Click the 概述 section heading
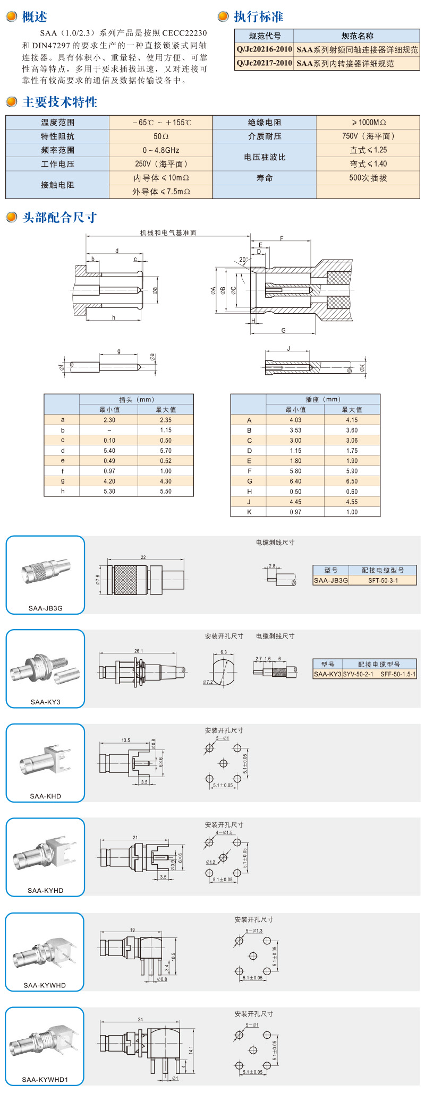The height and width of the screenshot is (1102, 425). pyautogui.click(x=35, y=17)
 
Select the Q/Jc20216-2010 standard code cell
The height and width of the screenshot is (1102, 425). pyautogui.click(x=264, y=49)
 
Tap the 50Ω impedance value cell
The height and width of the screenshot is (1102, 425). pyautogui.click(x=161, y=136)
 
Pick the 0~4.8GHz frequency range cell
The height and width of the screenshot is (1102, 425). pyautogui.click(x=161, y=150)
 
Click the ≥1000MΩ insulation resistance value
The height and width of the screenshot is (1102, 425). pyautogui.click(x=368, y=123)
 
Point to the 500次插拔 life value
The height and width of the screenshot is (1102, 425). pyautogui.click(x=368, y=178)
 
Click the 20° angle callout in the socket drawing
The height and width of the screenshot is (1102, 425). pyautogui.click(x=243, y=260)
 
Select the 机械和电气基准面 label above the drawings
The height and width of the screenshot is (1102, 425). pyautogui.click(x=168, y=233)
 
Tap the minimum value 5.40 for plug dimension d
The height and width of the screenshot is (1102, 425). pyautogui.click(x=109, y=451)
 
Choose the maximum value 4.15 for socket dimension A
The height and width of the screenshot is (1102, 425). pyautogui.click(x=352, y=420)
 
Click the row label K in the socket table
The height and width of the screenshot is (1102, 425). pyautogui.click(x=249, y=512)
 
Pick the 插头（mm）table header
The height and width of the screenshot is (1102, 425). pyautogui.click(x=136, y=400)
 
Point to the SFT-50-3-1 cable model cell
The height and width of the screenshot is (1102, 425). pyautogui.click(x=383, y=581)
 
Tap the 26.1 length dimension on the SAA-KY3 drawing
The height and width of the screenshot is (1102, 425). pyautogui.click(x=139, y=651)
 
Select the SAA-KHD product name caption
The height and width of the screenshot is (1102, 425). pyautogui.click(x=46, y=796)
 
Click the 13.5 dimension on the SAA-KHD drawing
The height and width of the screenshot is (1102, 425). pyautogui.click(x=125, y=740)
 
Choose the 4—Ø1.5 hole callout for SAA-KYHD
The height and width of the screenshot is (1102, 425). pyautogui.click(x=224, y=832)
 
